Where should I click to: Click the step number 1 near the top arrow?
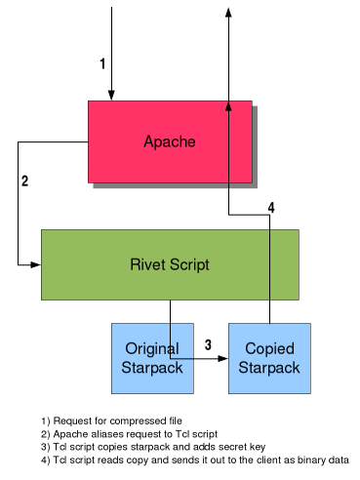pos(102,63)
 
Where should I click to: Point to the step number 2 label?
pos(24,180)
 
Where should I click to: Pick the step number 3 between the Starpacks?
pos(208,344)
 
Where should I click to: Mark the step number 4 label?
pos(271,208)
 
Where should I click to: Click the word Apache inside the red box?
pos(170,141)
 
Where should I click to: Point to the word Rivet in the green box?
pos(147,264)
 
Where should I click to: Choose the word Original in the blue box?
pos(152,349)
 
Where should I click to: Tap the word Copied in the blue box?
pos(269,349)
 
